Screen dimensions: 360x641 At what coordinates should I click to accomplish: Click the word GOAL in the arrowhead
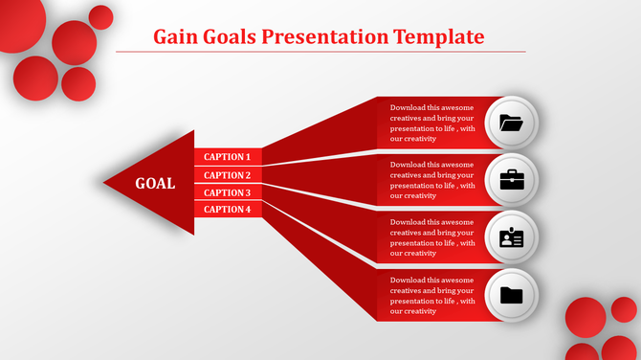coord(155,184)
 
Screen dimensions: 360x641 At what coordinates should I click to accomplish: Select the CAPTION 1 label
coord(228,157)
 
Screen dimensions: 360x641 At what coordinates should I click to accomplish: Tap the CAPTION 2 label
coord(228,175)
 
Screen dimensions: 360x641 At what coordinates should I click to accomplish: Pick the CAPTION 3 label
coord(228,192)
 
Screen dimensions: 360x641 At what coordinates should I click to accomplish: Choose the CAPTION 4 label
coord(228,210)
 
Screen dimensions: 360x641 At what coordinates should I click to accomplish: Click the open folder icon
coord(512,123)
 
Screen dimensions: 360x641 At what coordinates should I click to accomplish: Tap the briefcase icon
coord(512,179)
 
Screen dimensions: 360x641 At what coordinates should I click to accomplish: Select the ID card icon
coord(512,237)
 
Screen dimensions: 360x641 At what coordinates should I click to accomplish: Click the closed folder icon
coord(512,295)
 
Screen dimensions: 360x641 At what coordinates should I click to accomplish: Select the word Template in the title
coord(438,37)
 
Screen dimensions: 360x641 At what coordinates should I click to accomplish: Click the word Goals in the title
coord(232,37)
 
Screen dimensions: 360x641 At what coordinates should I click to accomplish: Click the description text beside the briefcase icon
coord(431,180)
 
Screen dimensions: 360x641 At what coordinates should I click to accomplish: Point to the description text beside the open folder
coord(431,124)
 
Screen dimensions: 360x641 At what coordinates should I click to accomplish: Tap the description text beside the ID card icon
coord(431,237)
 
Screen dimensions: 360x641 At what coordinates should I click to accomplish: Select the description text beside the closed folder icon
coord(431,295)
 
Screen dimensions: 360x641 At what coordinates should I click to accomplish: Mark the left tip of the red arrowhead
coord(104,182)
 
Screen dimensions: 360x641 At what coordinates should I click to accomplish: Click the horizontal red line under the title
coord(320,52)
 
